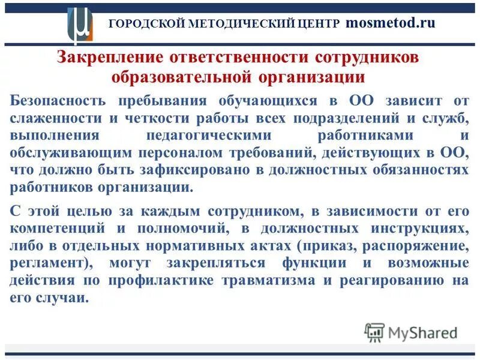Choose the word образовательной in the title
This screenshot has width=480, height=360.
click(182, 77)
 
